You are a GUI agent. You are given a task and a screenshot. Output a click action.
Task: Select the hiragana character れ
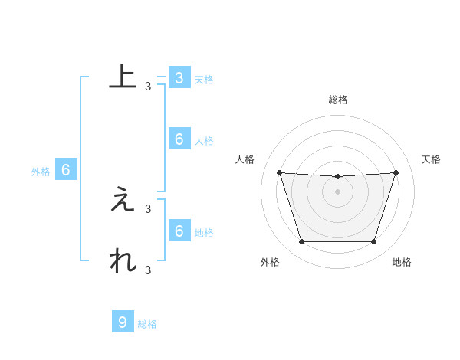coord(123,260)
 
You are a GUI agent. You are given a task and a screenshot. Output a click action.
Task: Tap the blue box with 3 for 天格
coord(179,78)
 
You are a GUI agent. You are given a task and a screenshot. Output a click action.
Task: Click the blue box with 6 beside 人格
coord(179,139)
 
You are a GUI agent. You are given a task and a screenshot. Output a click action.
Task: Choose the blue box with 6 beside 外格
coord(66,170)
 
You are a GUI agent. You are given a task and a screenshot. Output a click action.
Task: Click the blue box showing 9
coord(123,322)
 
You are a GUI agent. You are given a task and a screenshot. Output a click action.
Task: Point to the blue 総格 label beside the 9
coord(147,324)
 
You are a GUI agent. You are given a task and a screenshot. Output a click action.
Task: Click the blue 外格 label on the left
coord(41,172)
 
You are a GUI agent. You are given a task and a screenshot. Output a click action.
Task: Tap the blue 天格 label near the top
coord(204,80)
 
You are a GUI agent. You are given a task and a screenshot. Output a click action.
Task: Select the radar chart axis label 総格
coord(338,100)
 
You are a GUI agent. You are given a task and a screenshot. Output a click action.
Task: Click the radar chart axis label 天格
coord(432,159)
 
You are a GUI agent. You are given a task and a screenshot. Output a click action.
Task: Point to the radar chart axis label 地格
coord(402,262)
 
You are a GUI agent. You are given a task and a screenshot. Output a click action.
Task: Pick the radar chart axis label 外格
coord(270,262)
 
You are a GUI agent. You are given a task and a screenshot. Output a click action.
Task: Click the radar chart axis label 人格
coord(245,159)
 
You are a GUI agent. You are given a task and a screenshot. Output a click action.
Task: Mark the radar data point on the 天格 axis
coord(396,172)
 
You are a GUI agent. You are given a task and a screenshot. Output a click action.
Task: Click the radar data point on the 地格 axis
coord(374,242)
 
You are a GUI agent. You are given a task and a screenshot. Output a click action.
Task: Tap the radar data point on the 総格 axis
coord(338,177)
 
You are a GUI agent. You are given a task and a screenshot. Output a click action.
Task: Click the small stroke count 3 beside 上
coord(148,87)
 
